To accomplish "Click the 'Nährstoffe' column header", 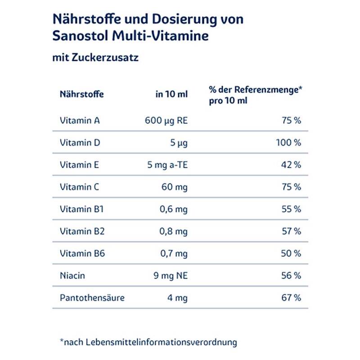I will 81,94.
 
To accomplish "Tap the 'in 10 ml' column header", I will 171,94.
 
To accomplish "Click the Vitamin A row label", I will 80,121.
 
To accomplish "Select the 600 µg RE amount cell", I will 166,121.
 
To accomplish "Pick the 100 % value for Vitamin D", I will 288,143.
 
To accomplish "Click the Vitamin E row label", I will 79,165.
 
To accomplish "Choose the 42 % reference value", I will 291,165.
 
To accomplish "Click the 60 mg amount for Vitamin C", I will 175,187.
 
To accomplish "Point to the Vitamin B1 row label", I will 81,209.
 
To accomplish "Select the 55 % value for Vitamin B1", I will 291,209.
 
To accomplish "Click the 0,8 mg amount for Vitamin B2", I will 174,231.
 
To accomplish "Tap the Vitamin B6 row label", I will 82,253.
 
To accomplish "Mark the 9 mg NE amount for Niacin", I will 171,275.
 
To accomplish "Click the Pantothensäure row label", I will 92,297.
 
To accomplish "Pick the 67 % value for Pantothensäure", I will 291,297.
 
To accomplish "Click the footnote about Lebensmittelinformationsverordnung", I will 148,342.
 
